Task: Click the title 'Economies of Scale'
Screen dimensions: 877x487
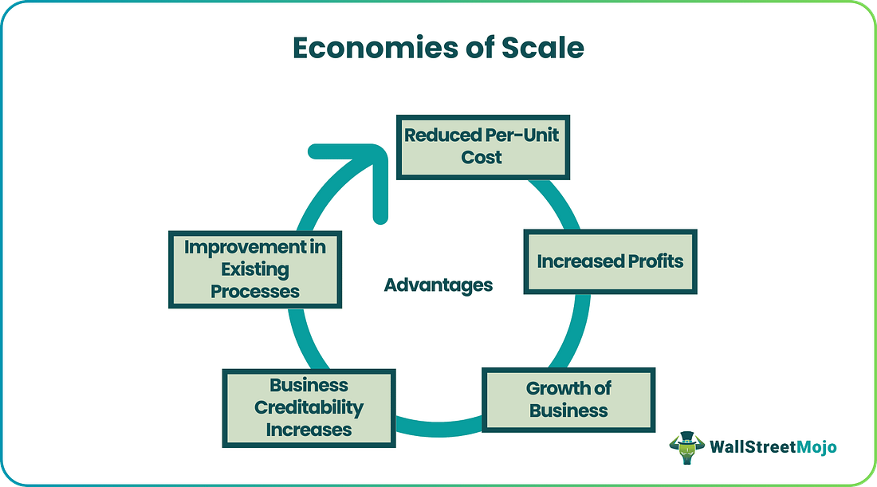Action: [438, 49]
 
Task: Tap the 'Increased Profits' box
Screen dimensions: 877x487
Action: [610, 261]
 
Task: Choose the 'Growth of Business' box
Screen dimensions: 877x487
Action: [568, 400]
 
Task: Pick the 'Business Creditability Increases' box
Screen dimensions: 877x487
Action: [309, 407]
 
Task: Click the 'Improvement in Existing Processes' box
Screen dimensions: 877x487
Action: [255, 269]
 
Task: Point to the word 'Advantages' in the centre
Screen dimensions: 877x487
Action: [438, 285]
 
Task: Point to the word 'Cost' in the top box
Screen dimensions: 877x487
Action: [482, 157]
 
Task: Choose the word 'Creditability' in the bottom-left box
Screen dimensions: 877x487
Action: [309, 407]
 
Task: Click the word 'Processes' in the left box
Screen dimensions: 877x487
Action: [255, 291]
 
